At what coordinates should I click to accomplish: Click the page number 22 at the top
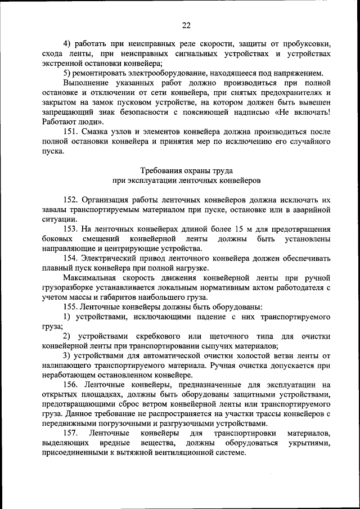pyautogui.click(x=187, y=24)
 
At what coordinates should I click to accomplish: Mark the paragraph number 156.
pyautogui.click(x=72, y=385)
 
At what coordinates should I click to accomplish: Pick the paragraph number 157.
pyautogui.click(x=72, y=434)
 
